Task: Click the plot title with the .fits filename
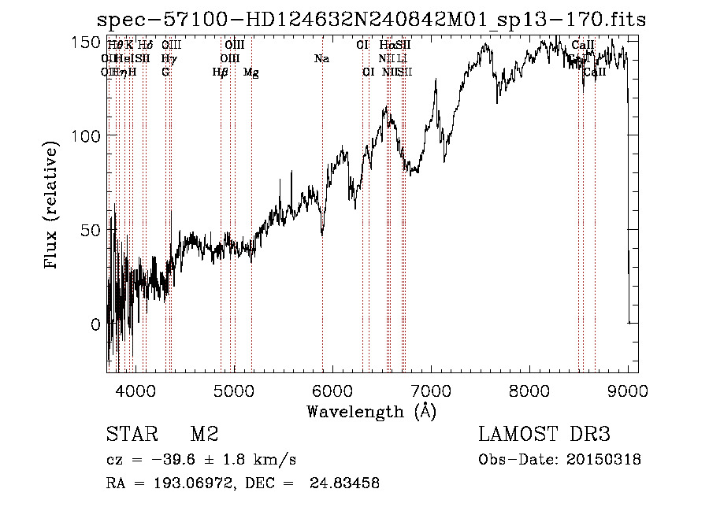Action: tap(371, 19)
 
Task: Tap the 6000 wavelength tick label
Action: tap(332, 389)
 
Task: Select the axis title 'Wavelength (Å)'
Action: tap(371, 411)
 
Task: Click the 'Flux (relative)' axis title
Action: tap(52, 206)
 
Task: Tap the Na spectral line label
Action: tap(321, 58)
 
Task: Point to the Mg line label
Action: tap(251, 72)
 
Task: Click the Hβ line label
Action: tap(220, 72)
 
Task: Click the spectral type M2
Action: tap(204, 435)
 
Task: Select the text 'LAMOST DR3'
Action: tap(544, 435)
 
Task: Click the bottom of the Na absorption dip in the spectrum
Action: tap(321, 234)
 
